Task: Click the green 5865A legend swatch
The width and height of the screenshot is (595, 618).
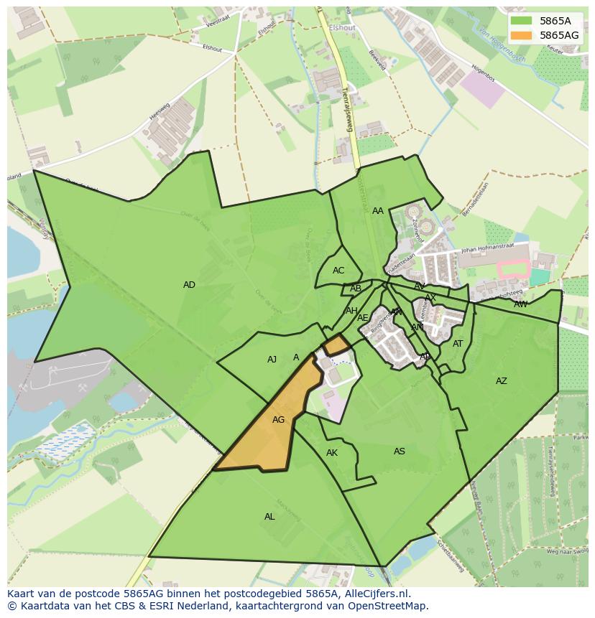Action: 521,21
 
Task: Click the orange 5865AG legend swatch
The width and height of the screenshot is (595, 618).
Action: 521,34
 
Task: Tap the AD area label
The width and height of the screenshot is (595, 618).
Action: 189,285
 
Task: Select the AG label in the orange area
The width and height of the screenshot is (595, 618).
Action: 279,420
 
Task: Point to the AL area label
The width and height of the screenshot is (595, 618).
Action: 269,517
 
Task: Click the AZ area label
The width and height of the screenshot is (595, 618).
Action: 502,381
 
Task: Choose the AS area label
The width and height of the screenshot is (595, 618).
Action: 400,451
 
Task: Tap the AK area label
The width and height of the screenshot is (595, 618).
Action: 332,453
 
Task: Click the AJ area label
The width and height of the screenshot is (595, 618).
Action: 272,360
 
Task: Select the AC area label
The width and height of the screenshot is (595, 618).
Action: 338,271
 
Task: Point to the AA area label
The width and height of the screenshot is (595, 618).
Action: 378,211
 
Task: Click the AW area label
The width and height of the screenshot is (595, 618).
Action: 520,304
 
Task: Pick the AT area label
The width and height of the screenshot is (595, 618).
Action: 458,344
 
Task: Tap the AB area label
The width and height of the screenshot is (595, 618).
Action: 356,289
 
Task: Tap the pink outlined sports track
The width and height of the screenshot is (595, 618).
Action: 514,270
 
